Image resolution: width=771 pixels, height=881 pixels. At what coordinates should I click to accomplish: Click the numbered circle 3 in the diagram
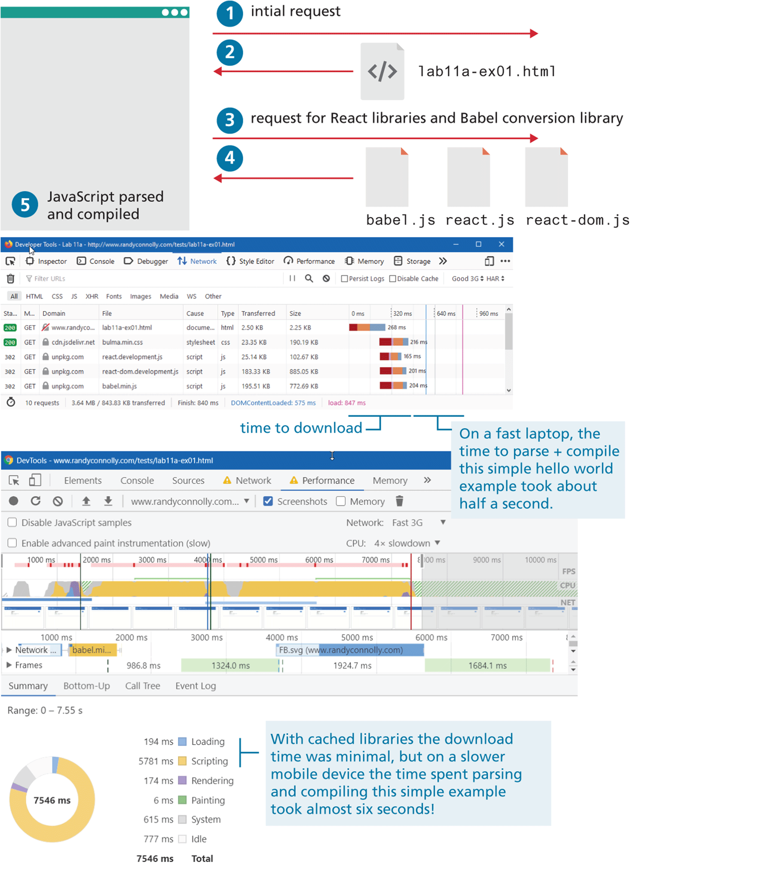tap(229, 120)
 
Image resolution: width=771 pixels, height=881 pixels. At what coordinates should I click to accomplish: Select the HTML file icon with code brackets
tap(382, 71)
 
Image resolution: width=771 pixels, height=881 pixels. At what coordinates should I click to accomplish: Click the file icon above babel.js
tap(387, 177)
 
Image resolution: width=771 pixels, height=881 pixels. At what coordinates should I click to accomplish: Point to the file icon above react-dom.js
tap(546, 177)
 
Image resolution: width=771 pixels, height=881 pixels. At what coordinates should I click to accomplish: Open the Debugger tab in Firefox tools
tap(146, 262)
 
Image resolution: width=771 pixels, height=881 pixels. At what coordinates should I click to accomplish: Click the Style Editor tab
tap(251, 262)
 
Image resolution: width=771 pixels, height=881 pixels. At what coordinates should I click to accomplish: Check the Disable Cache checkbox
tap(393, 279)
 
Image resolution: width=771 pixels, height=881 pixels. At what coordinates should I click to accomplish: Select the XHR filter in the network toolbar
tap(92, 296)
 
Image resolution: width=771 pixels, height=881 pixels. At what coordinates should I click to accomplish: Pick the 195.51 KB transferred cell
tap(256, 386)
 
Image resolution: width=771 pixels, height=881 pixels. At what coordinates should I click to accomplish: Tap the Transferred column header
tap(258, 314)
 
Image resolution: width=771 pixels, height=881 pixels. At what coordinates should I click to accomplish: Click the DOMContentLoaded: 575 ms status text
tap(273, 403)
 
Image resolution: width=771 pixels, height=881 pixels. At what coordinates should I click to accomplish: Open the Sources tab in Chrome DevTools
tap(188, 481)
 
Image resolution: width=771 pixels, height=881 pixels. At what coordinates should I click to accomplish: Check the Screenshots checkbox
tap(268, 501)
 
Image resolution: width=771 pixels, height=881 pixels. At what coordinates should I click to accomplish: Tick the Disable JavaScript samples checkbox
tap(12, 522)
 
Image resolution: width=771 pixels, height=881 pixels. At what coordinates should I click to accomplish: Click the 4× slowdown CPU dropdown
tap(407, 543)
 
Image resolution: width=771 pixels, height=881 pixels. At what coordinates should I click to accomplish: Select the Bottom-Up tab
tap(86, 686)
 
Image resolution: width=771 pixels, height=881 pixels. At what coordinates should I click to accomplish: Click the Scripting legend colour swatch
tap(182, 761)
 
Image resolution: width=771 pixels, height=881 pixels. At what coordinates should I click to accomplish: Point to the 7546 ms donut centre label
tap(52, 800)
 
